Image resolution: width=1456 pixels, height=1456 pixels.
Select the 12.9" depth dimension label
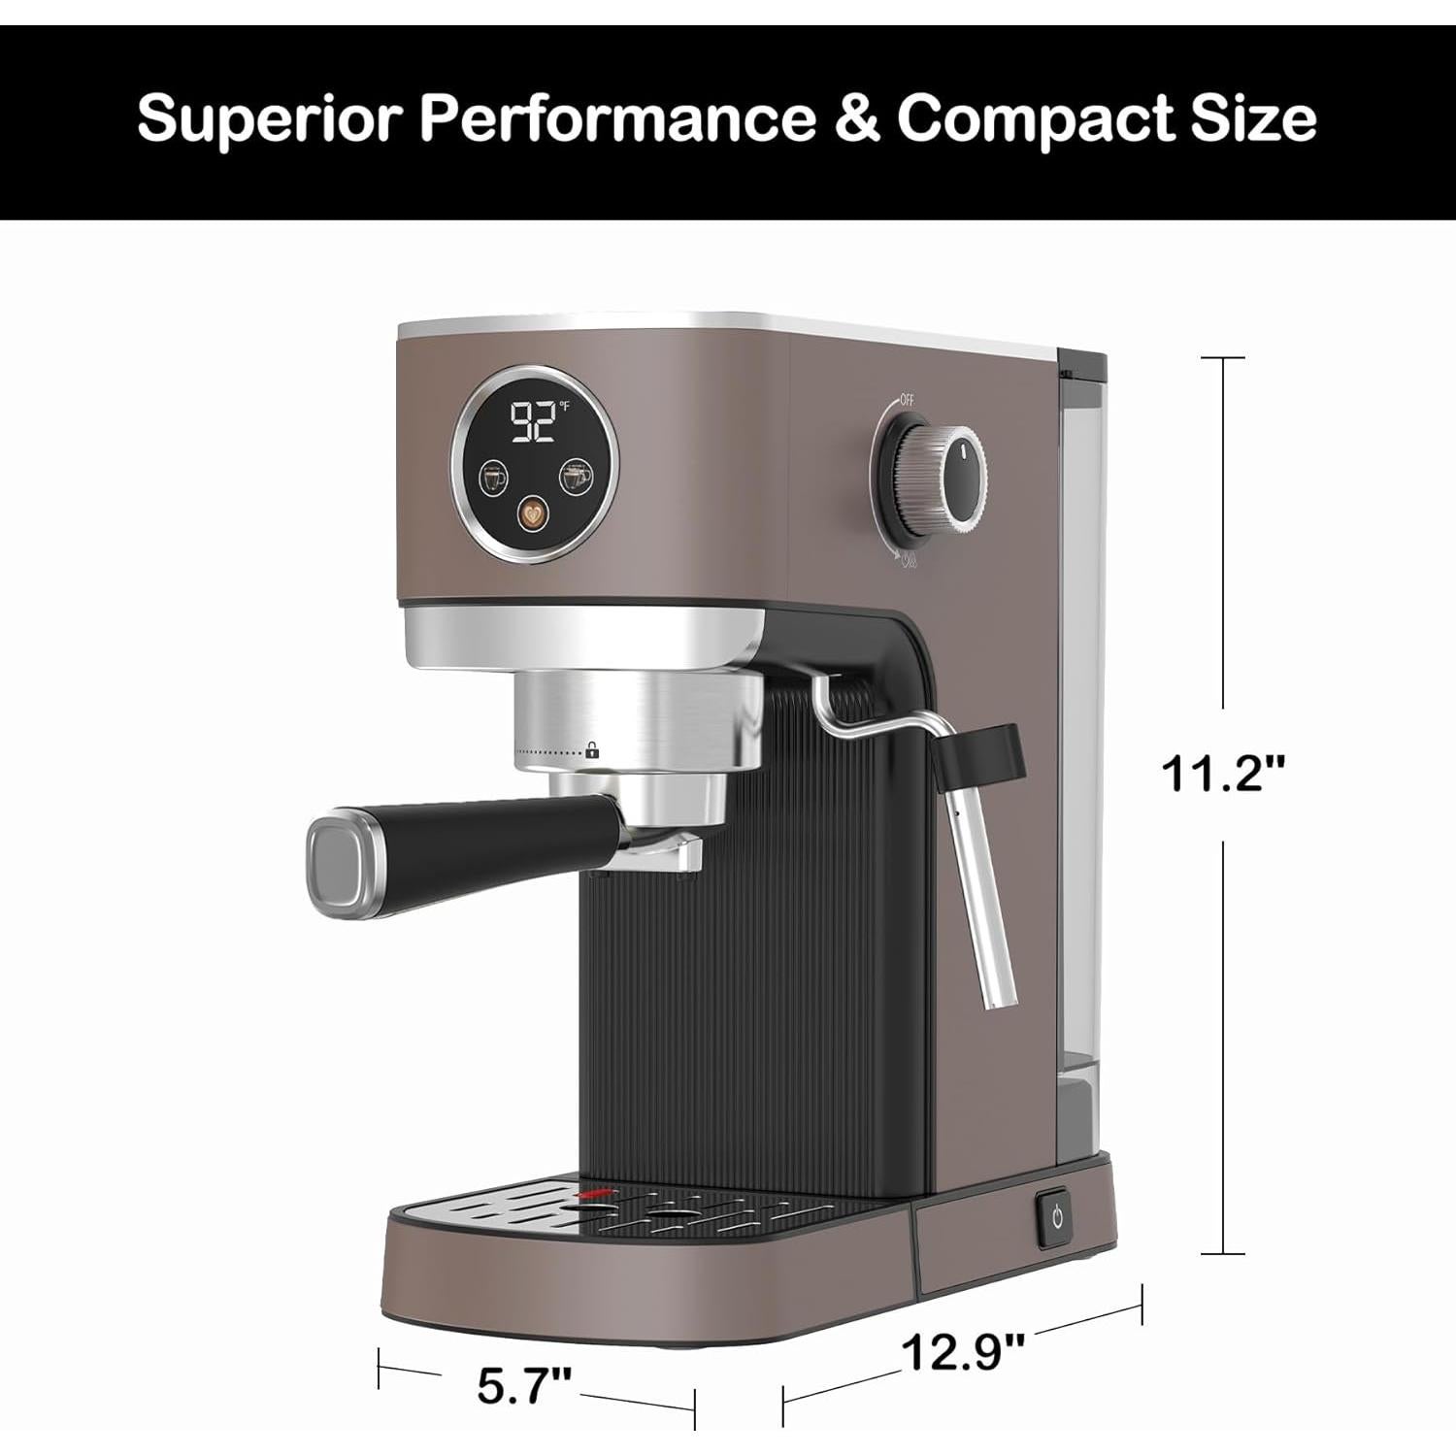pyautogui.click(x=963, y=1350)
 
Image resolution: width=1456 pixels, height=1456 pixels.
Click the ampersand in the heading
pyautogui.click(x=856, y=119)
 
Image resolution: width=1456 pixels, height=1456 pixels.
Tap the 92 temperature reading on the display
pyautogui.click(x=531, y=422)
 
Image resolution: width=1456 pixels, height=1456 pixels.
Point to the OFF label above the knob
pyautogui.click(x=907, y=400)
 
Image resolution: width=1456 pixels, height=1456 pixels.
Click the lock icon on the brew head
pyautogui.click(x=592, y=750)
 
